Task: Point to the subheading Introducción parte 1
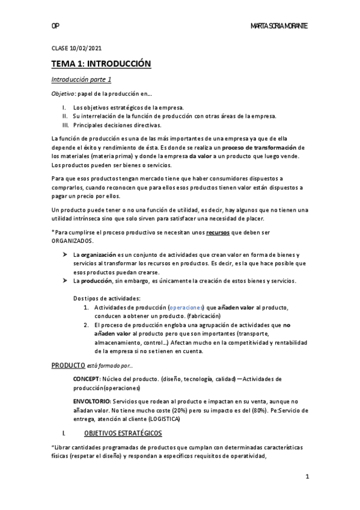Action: click(81, 79)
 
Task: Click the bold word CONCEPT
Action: click(90, 379)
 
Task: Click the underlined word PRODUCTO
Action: click(68, 364)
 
